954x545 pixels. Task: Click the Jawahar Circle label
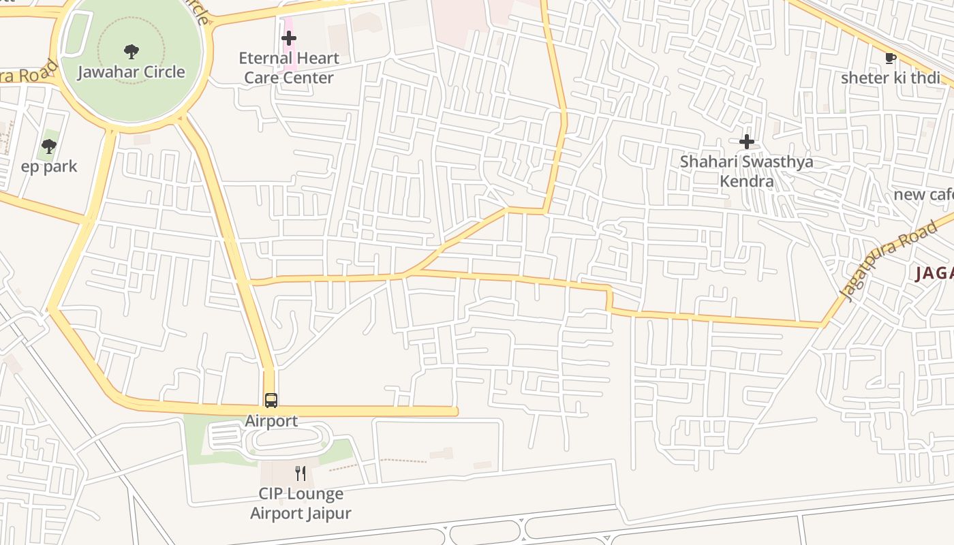click(131, 72)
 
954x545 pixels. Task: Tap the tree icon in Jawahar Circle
click(131, 51)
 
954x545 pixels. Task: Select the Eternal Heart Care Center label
click(289, 67)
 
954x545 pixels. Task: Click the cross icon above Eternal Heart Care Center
click(289, 38)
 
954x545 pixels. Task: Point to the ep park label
click(49, 166)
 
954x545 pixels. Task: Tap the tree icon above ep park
click(48, 146)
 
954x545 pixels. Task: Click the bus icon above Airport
click(271, 400)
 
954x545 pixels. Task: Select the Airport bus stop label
click(271, 421)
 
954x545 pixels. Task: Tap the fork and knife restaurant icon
click(301, 473)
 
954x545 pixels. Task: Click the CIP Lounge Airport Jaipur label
click(301, 503)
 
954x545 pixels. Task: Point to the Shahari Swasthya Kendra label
click(747, 171)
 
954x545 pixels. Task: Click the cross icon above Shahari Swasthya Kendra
click(747, 142)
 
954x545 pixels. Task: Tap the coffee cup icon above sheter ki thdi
click(889, 57)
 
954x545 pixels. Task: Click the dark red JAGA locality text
click(934, 274)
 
